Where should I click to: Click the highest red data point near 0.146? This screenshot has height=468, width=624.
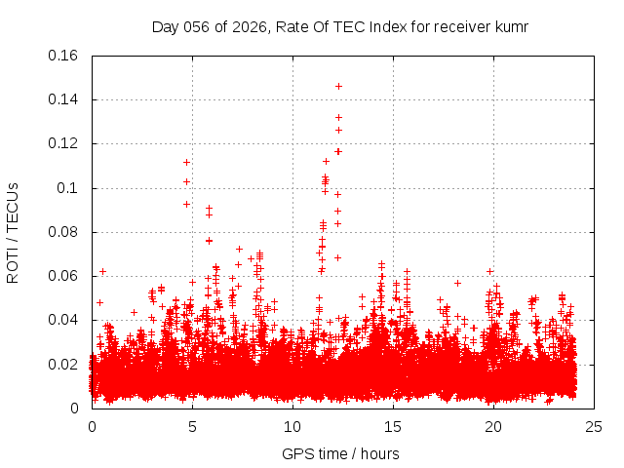(x=338, y=86)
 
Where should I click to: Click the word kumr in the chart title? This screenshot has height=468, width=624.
(x=511, y=26)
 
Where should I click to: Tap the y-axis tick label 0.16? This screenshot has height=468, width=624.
(x=64, y=56)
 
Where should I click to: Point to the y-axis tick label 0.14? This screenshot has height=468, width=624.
(x=64, y=99)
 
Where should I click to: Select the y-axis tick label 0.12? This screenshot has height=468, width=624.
(x=64, y=143)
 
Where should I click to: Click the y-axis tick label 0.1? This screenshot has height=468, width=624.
(x=70, y=188)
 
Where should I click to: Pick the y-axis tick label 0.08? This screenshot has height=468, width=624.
(x=64, y=232)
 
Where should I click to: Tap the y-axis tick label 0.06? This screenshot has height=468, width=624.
(x=64, y=276)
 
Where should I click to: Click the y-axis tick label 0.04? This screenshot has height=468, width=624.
(x=64, y=320)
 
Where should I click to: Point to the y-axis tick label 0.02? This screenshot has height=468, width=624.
(x=64, y=365)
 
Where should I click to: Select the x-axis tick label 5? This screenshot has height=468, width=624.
(x=192, y=427)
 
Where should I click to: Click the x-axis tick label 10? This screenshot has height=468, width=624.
(x=292, y=427)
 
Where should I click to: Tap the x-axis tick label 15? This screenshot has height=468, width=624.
(x=393, y=427)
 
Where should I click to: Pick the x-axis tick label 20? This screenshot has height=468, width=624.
(x=493, y=427)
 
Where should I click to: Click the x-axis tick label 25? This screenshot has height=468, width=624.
(x=593, y=427)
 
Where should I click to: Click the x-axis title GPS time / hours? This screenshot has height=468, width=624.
(x=340, y=453)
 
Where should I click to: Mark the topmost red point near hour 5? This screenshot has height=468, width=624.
(x=186, y=162)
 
